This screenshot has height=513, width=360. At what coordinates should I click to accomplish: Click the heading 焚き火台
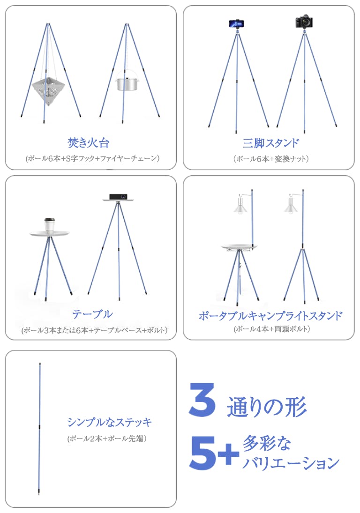pyautogui.click(x=89, y=142)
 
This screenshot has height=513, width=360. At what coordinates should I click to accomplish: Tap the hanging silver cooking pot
pyautogui.click(x=126, y=82)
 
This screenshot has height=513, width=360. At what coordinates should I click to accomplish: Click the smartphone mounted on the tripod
pyautogui.click(x=236, y=24)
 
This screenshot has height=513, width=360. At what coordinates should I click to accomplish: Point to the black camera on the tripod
pyautogui.click(x=304, y=22)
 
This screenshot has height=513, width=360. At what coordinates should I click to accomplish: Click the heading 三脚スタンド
pyautogui.click(x=270, y=143)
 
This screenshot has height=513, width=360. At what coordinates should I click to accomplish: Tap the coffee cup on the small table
pyautogui.click(x=49, y=226)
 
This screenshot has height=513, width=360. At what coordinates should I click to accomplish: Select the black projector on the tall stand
pyautogui.click(x=118, y=197)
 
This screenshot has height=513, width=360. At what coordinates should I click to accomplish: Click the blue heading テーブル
pyautogui.click(x=93, y=314)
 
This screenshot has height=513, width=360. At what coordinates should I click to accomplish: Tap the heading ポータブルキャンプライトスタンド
pyautogui.click(x=270, y=316)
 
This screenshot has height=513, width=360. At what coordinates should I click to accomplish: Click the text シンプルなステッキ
pyautogui.click(x=110, y=423)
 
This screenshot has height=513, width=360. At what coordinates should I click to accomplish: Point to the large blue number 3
pyautogui.click(x=202, y=400)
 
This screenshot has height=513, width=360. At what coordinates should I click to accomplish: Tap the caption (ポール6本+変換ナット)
pyautogui.click(x=271, y=159)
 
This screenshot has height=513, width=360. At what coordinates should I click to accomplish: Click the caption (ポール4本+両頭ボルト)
pyautogui.click(x=271, y=329)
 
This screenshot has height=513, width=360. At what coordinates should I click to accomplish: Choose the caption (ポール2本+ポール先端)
pyautogui.click(x=107, y=439)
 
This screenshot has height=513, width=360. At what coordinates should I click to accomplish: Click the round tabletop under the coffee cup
pyautogui.click(x=49, y=234)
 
